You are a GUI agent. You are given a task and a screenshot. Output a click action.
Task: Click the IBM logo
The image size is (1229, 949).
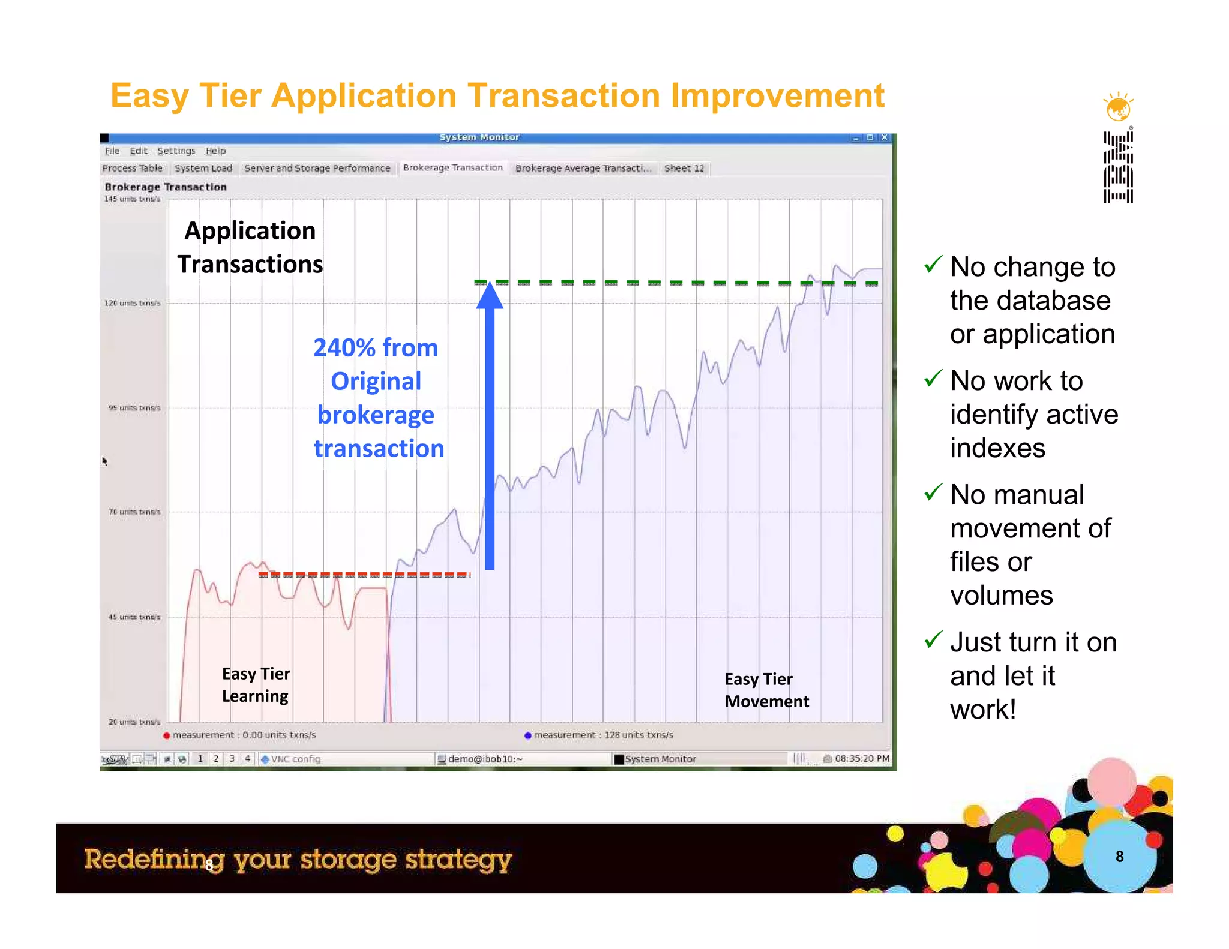tap(1118, 167)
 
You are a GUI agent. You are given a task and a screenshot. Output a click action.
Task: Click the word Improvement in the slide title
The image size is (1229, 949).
tap(777, 96)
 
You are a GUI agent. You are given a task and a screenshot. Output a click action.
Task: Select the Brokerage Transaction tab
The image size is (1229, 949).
tap(452, 168)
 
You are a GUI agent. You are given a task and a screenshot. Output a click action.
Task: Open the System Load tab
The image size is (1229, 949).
tap(203, 169)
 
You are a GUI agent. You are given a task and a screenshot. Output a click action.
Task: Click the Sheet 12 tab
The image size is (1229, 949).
tap(684, 169)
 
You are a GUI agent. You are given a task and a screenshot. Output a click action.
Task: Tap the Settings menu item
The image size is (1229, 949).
tap(176, 151)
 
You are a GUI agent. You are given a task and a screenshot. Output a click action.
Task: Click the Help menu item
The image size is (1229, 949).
tap(215, 151)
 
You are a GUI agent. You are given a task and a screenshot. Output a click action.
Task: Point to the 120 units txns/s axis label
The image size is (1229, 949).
tap(133, 303)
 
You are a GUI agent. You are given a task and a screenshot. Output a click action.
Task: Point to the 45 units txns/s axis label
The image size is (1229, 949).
tap(134, 617)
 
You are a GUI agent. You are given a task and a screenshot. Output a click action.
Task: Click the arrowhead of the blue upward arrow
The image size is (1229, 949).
tap(490, 295)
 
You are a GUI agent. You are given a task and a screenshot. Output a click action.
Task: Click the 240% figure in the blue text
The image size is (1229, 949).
tap(344, 348)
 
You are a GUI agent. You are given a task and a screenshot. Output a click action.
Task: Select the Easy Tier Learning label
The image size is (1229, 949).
tap(256, 685)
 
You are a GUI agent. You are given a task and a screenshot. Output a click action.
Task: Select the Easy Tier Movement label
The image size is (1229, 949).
tap(766, 690)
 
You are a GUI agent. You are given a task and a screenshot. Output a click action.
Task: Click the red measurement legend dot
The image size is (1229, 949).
tap(167, 735)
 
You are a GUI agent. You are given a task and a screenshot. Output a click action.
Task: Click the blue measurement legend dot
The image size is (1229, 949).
tap(528, 735)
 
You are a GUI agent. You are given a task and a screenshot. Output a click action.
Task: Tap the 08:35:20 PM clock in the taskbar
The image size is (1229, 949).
tap(861, 759)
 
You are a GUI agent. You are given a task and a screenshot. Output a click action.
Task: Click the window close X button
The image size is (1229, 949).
tap(884, 137)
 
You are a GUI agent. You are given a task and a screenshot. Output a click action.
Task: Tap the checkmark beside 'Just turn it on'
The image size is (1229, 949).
tap(933, 639)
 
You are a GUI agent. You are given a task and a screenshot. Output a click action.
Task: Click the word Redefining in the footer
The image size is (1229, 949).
tap(154, 860)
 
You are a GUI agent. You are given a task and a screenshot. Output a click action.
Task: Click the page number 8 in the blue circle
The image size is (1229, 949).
tap(1119, 857)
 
